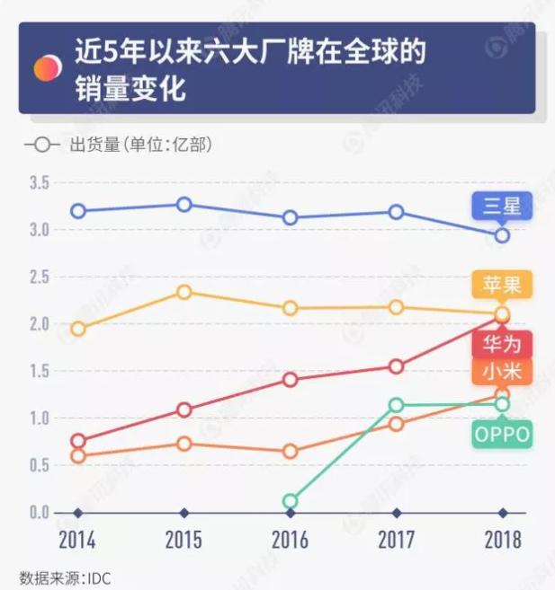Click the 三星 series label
tap(502, 207)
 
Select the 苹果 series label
tap(502, 285)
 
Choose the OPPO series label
tap(502, 436)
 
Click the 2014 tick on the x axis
tap(77, 541)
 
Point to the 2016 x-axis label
tap(290, 541)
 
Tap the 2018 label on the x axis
tap(502, 541)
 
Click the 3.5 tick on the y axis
tap(39, 183)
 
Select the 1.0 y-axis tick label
tap(39, 418)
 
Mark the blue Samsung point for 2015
tap(184, 205)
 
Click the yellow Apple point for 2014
tap(78, 329)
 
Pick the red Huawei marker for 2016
tap(290, 380)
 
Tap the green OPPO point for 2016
tap(290, 501)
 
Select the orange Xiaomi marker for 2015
tap(184, 444)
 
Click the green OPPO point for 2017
tap(396, 405)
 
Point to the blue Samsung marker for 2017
tap(396, 212)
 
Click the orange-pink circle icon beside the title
tap(47, 66)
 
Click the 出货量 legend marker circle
tap(41, 144)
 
